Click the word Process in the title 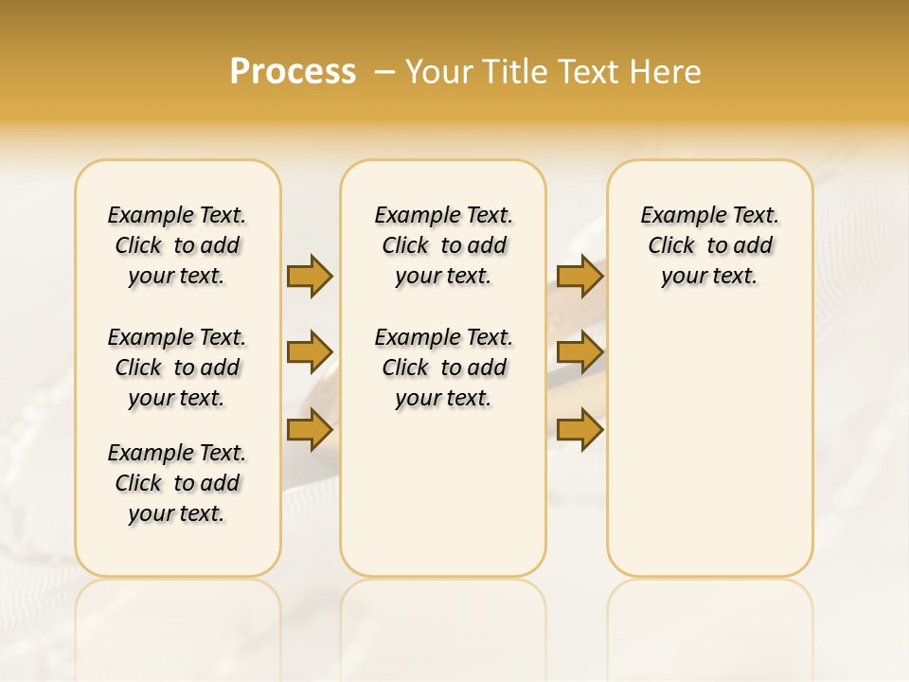(293, 72)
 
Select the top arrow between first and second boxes (310, 276)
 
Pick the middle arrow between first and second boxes (310, 353)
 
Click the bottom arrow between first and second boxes (310, 431)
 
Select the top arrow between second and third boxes (579, 276)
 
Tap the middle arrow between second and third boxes (579, 353)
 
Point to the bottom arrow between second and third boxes (579, 431)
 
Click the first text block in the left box (177, 245)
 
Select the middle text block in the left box (177, 368)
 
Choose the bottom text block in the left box (177, 483)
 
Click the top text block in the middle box (443, 245)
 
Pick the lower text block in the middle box (443, 368)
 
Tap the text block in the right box (709, 245)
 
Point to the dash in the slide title (384, 72)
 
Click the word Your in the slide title (439, 72)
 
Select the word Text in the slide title (587, 72)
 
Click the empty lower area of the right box (709, 455)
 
